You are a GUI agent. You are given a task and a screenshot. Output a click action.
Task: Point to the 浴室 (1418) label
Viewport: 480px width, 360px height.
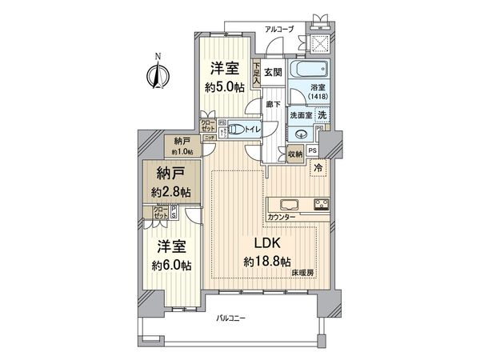(x=307, y=95)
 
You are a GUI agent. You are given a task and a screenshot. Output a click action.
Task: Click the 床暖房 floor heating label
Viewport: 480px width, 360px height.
(x=302, y=274)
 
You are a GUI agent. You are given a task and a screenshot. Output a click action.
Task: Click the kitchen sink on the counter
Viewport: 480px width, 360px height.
(x=287, y=202)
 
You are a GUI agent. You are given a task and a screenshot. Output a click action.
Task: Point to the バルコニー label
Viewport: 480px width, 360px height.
(x=231, y=320)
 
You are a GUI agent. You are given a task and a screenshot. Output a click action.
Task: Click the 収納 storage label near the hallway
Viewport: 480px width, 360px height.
(x=294, y=154)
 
